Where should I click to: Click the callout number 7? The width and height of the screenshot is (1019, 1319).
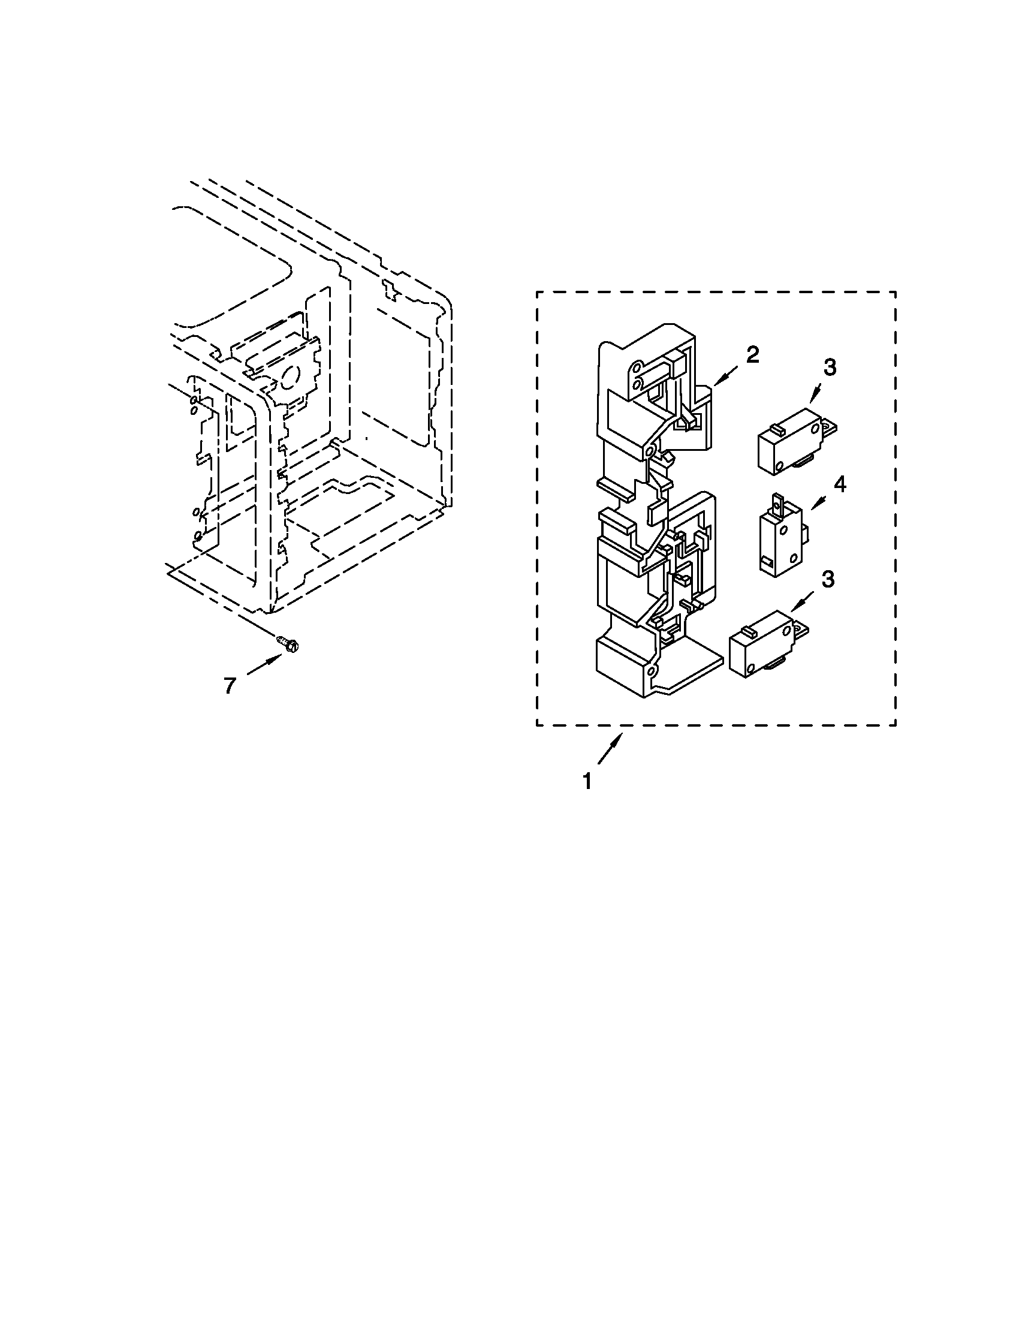[230, 685]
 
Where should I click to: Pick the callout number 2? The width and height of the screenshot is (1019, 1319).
[752, 355]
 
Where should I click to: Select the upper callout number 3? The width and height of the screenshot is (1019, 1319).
[830, 367]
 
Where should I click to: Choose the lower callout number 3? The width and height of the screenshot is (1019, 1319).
[828, 580]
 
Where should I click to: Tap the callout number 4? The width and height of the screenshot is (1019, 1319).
[840, 484]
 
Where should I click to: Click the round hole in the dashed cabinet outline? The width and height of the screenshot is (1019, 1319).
[288, 378]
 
